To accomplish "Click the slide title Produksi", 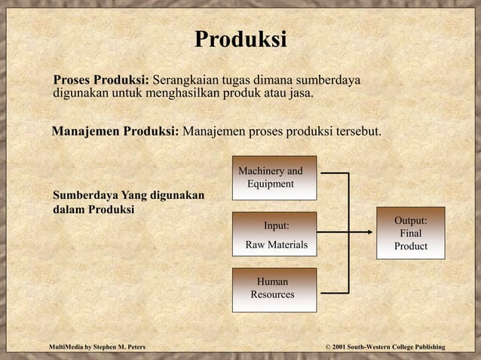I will click(240, 39).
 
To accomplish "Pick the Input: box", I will click(275, 225).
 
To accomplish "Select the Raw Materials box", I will click(275, 245).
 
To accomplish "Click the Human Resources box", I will click(272, 288).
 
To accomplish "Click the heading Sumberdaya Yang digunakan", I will click(128, 196).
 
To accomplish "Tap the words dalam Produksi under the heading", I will click(93, 209).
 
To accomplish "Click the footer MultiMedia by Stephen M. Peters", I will click(97, 346).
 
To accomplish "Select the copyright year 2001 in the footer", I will click(336, 346).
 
